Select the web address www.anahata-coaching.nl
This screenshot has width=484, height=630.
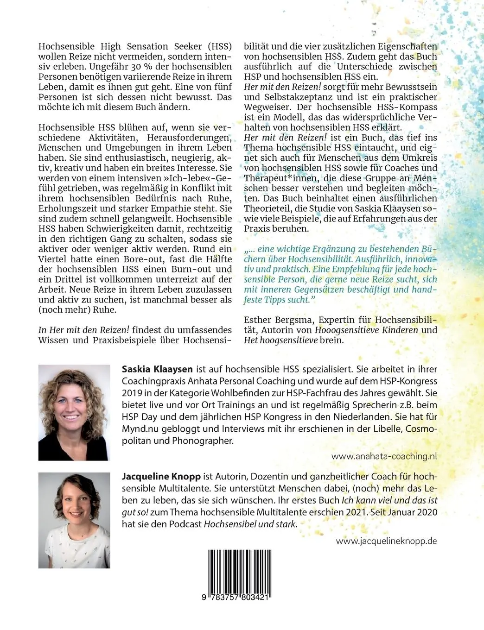pos(384,456)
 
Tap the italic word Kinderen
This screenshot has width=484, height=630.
pos(395,330)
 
